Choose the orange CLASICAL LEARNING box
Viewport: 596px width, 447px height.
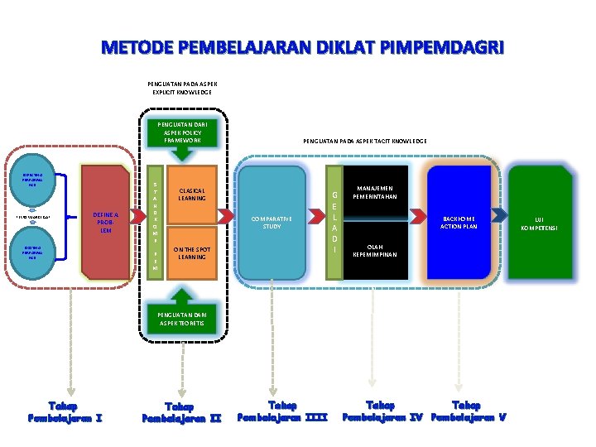(192, 195)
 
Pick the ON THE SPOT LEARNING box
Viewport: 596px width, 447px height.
(192, 252)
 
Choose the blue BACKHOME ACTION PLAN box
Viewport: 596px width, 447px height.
(459, 221)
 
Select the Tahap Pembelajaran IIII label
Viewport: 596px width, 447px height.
(283, 410)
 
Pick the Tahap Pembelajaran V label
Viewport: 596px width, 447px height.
(466, 410)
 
